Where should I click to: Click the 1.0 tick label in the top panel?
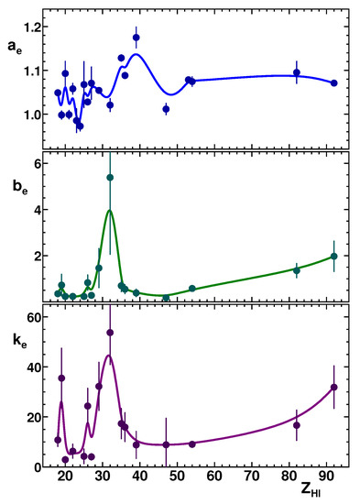33,115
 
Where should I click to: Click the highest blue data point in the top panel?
136,38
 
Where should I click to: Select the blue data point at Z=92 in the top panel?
333,82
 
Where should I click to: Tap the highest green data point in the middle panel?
110,177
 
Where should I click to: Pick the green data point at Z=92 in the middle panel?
333,256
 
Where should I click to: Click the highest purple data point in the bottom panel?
110,332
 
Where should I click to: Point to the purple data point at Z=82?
297,424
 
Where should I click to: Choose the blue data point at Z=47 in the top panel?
166,108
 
